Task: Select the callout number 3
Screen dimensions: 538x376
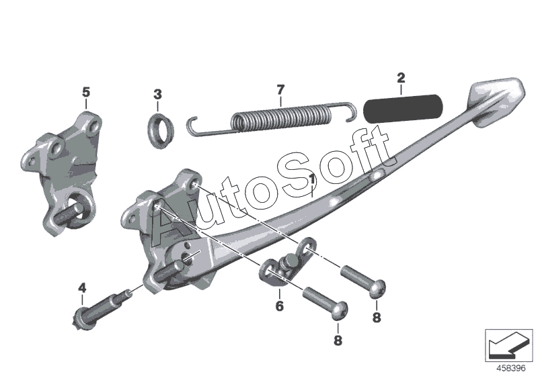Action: pyautogui.click(x=157, y=93)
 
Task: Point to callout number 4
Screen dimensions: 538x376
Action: pyautogui.click(x=82, y=289)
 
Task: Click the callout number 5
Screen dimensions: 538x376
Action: pyautogui.click(x=85, y=90)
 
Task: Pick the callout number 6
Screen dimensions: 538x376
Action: pyautogui.click(x=279, y=305)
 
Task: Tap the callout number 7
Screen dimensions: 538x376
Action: pyautogui.click(x=281, y=89)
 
